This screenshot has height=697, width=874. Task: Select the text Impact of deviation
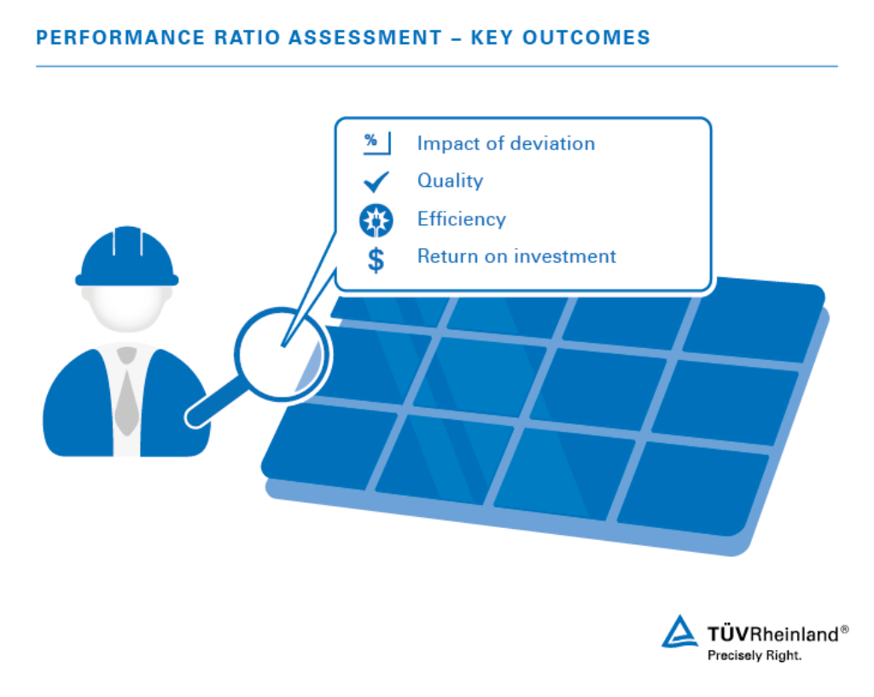(505, 143)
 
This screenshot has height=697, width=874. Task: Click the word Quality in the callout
(450, 181)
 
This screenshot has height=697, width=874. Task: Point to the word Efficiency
(461, 219)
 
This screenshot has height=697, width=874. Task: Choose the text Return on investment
(516, 256)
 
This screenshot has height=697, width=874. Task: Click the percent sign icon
(375, 142)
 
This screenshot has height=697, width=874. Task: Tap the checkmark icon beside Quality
(376, 182)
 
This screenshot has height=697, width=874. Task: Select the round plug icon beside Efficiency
(376, 220)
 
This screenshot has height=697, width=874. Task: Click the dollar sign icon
(376, 258)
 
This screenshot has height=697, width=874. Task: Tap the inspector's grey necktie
(127, 392)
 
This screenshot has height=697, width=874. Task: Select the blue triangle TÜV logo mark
(681, 632)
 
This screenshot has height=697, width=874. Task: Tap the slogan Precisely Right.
(755, 656)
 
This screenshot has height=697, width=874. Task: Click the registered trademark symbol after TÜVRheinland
(844, 630)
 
